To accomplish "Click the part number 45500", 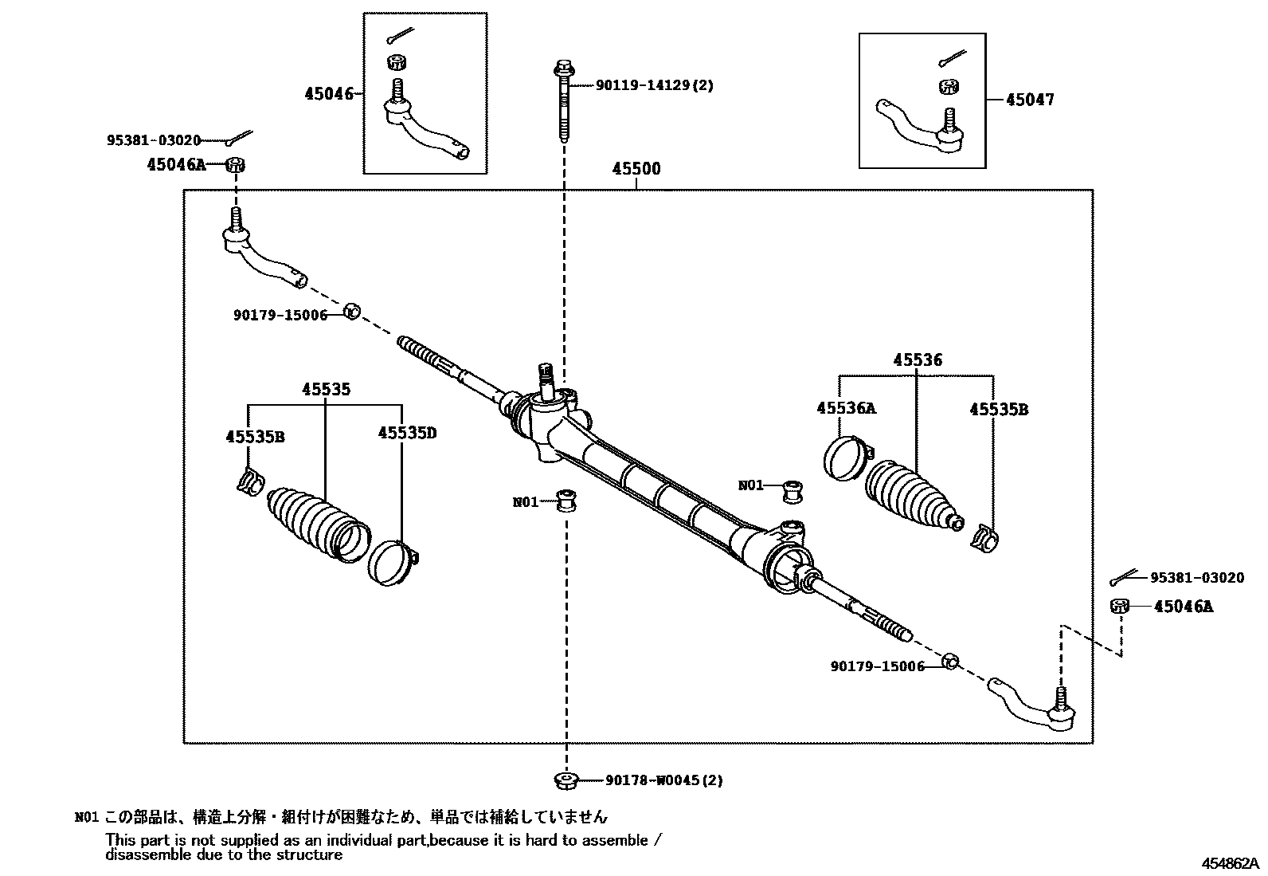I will coord(636,169).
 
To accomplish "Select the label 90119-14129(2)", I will coord(654,84).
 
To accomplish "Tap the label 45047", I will coord(1029,100).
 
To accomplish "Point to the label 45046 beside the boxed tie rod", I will coord(328,94).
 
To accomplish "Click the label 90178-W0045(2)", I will coord(663,780).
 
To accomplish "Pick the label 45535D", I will coord(407,433).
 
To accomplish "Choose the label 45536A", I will coord(846,408).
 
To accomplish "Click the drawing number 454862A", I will coord(1231,862).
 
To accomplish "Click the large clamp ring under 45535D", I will coord(391,563).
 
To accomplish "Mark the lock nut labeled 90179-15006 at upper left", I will coord(352,311).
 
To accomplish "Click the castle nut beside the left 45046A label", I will coord(235,165).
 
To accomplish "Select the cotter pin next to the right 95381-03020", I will coord(1125,576).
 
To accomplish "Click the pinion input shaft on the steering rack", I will coord(546,380).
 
